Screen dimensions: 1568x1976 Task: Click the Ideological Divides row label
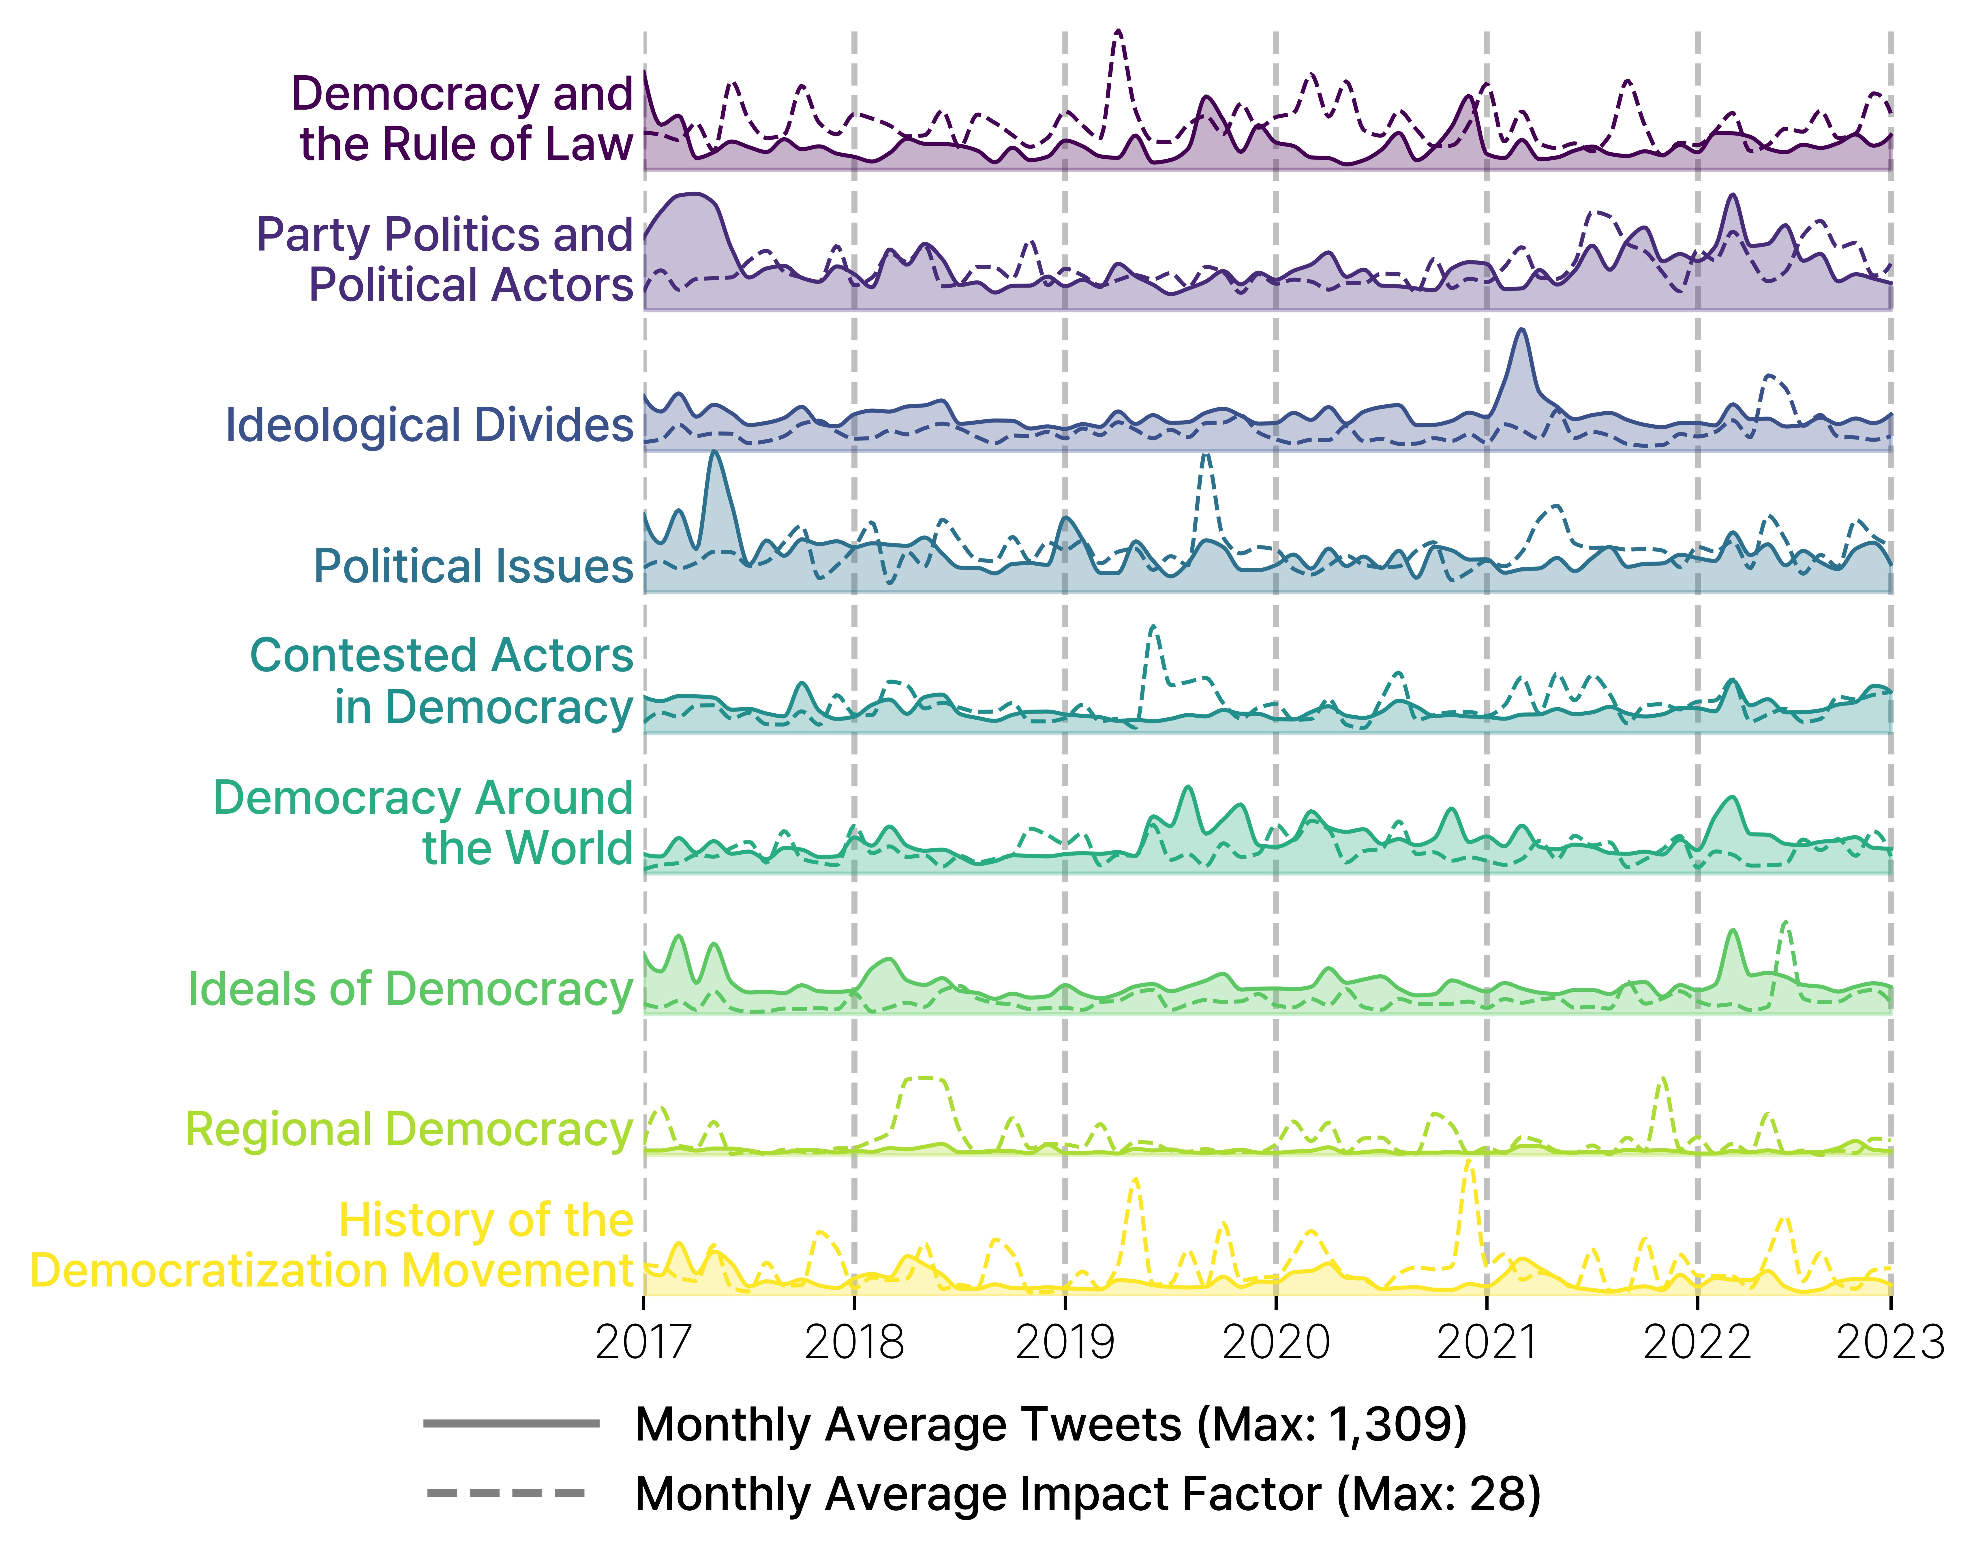429,425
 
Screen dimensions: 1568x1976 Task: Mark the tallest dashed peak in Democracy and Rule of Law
1117,32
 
